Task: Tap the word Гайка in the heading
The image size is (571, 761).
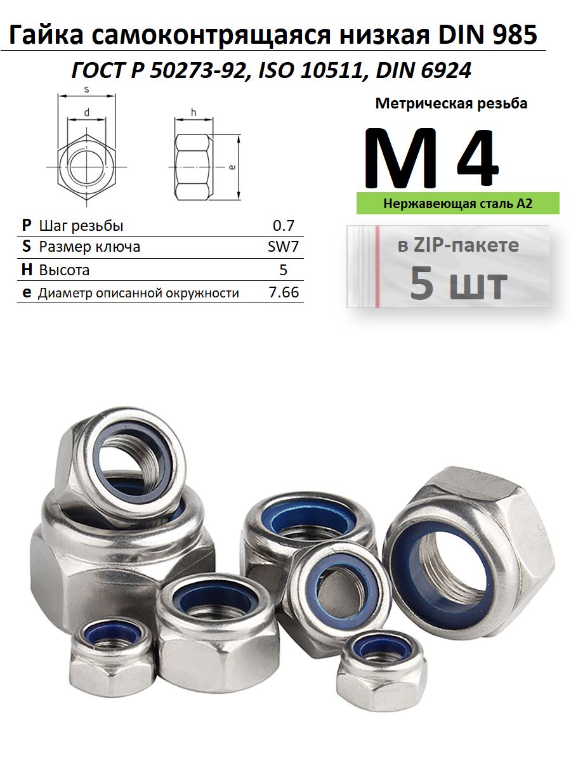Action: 46,35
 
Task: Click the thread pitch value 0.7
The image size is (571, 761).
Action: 283,225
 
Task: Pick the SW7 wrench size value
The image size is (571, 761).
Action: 283,247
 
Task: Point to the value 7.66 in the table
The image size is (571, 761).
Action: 284,292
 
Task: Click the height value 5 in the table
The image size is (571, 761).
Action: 283,270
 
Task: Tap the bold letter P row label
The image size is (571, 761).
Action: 27,225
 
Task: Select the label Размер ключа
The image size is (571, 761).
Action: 89,247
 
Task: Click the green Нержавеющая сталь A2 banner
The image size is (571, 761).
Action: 457,203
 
